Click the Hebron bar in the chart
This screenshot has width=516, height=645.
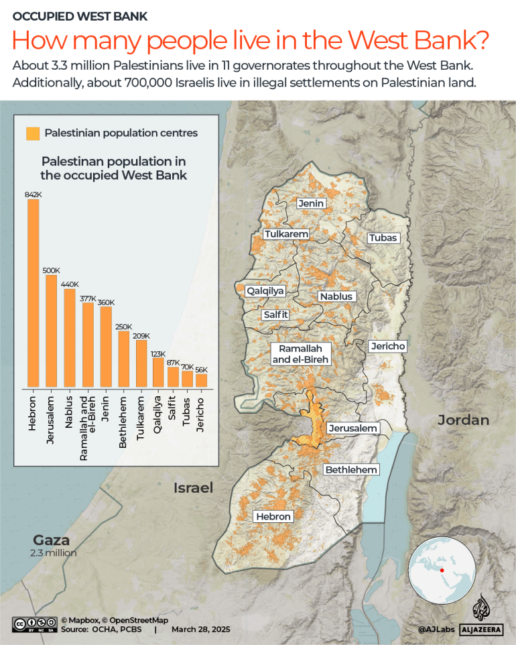pos(33,293)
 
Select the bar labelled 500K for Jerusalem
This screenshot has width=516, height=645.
pos(51,331)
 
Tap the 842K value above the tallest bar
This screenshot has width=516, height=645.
pos(33,194)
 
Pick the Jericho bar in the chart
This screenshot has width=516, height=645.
pos(202,380)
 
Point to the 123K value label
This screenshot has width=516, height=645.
pos(158,353)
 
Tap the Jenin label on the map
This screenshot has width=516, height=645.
pos(311,204)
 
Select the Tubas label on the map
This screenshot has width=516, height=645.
pos(383,238)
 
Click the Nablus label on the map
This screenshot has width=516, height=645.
pos(336,296)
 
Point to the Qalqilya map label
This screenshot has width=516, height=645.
pos(265,291)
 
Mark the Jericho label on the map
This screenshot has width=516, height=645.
pos(387,346)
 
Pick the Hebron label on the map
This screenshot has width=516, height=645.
pos(273,516)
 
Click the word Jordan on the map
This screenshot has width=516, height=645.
pos(463,420)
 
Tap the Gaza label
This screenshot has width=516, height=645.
pos(52,540)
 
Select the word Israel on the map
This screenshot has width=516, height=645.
pos(193,487)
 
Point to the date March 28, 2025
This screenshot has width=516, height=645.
pos(200,630)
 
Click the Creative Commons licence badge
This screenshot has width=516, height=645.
pos(34,625)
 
